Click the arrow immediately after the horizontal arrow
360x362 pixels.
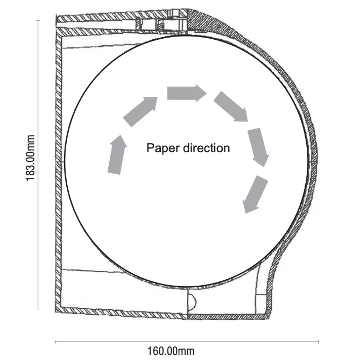click(x=231, y=107)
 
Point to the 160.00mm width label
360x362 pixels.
click(x=171, y=351)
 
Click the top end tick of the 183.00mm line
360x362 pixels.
click(x=38, y=20)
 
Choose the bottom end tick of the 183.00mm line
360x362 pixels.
click(x=38, y=309)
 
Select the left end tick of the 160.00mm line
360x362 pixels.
click(x=55, y=341)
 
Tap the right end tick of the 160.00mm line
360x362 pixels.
click(x=318, y=341)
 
